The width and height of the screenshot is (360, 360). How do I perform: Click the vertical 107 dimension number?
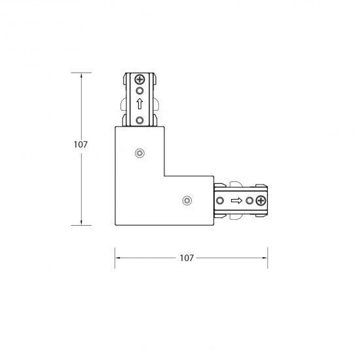pos(81,145)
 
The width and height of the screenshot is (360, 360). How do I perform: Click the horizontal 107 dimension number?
pos(187,258)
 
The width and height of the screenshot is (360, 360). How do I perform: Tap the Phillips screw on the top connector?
pos(139,79)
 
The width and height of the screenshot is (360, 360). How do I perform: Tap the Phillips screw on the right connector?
pos(261,201)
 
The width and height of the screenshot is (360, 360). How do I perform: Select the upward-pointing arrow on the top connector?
pos(139,104)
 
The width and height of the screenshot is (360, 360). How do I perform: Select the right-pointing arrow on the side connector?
pos(236,201)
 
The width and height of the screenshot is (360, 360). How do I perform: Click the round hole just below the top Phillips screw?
pos(139,91)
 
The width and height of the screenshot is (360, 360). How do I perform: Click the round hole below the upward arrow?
pos(139,120)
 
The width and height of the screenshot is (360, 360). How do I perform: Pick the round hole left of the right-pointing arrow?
pos(220,201)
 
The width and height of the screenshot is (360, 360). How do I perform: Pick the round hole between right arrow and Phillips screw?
pos(249,201)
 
